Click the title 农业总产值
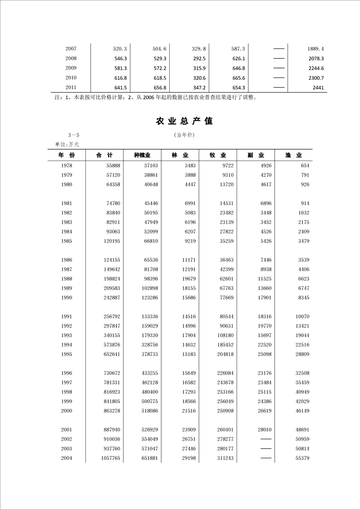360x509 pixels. point(184,121)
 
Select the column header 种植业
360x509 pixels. point(143,155)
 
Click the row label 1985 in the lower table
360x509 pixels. point(67,241)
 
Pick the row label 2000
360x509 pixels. point(67,411)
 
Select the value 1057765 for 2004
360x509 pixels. point(109,459)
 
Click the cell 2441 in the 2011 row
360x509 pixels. point(318,88)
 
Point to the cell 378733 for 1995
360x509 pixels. point(148,354)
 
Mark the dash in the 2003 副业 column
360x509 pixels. point(266,449)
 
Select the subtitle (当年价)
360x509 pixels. point(184,135)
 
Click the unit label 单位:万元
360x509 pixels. point(67,144)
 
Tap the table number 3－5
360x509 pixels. point(73,135)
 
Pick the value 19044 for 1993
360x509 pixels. point(301,335)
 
